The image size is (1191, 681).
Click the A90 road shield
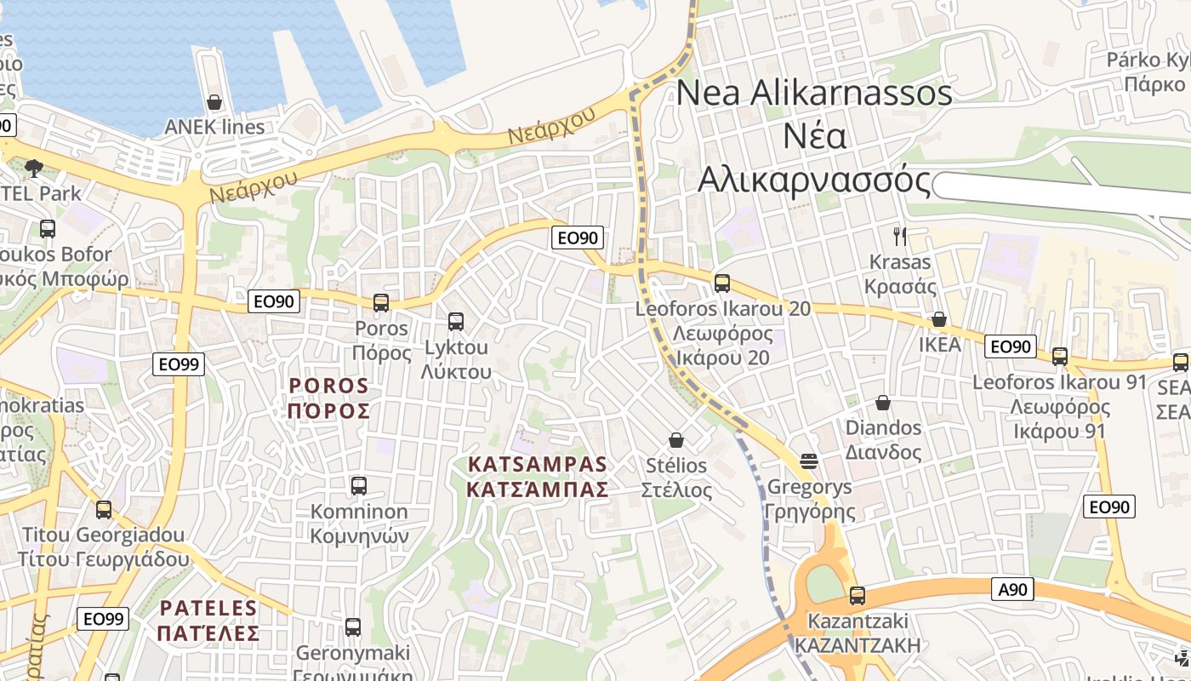(1012, 588)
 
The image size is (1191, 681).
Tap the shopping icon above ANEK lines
(214, 102)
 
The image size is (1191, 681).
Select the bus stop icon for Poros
(381, 302)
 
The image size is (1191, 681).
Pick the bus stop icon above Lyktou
(456, 321)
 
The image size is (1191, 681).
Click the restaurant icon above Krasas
(900, 236)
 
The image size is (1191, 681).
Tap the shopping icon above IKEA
(939, 319)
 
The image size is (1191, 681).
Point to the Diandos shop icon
(883, 402)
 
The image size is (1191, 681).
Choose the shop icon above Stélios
(676, 439)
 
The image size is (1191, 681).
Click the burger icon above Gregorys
(809, 461)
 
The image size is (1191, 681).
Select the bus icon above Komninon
(359, 486)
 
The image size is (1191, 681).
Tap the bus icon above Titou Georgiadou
(104, 510)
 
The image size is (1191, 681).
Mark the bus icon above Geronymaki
(353, 627)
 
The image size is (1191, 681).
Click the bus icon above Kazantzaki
(858, 595)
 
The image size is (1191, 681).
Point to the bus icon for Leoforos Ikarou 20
(722, 283)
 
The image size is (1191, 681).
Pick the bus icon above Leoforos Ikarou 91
(1060, 357)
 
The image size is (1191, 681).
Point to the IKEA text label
(939, 345)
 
